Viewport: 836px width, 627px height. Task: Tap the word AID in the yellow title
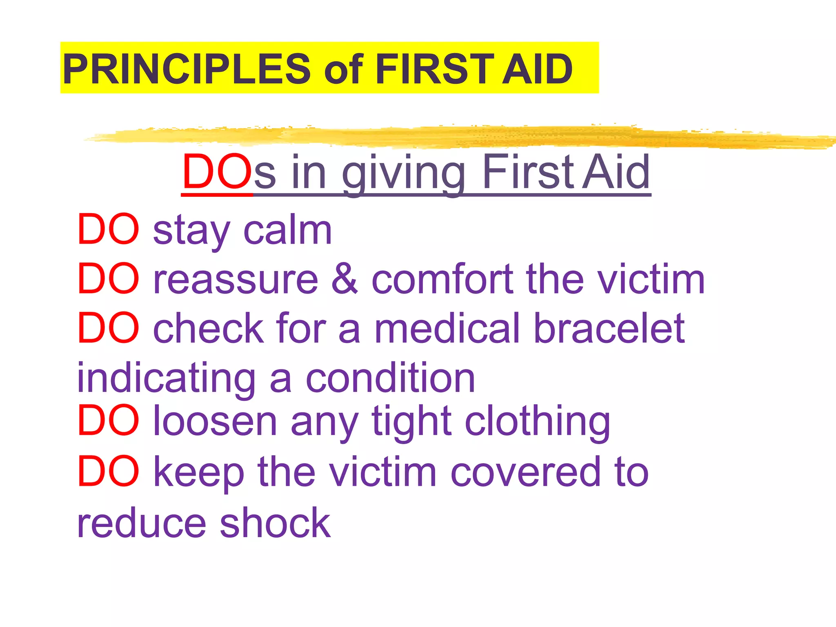tap(537, 69)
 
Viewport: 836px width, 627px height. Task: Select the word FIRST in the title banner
tap(435, 69)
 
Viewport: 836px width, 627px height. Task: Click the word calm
tap(287, 231)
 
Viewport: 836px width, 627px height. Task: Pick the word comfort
tap(442, 280)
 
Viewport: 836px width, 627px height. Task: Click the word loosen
tap(215, 421)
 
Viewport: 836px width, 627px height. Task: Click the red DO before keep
tap(108, 471)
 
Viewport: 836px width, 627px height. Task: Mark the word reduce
tap(142, 523)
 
